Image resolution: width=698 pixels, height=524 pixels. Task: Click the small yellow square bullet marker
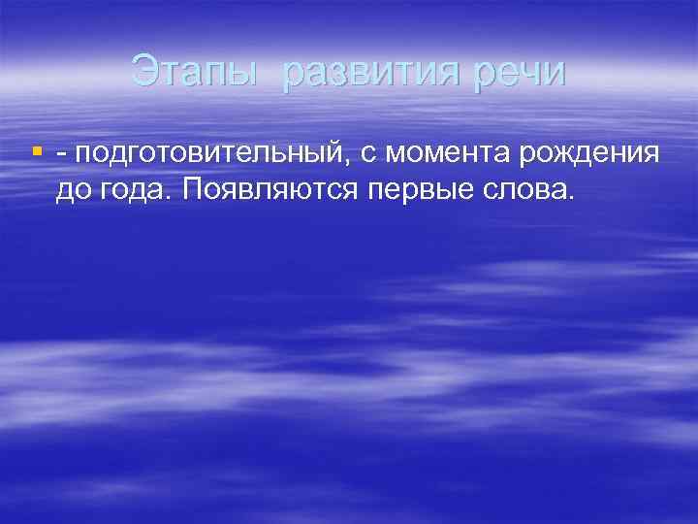click(x=38, y=151)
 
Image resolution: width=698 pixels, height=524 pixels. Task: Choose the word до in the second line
click(x=72, y=189)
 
